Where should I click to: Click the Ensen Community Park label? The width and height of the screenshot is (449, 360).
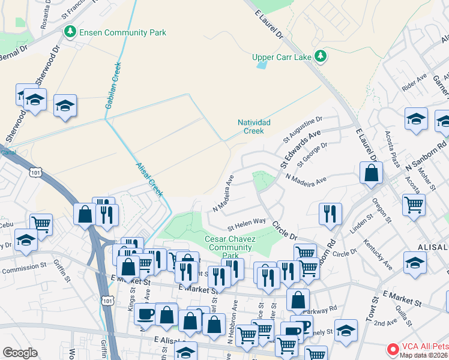point(122,32)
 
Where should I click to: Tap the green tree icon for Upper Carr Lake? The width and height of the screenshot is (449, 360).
point(321,56)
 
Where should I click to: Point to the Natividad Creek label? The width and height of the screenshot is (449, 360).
point(255,126)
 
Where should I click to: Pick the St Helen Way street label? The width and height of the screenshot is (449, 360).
point(247,224)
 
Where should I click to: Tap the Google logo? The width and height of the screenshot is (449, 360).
point(20,353)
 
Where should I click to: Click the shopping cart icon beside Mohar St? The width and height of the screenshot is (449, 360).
point(414,205)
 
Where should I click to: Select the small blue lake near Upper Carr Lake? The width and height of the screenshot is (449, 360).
point(262,64)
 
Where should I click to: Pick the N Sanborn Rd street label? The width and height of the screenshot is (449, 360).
point(426,155)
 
